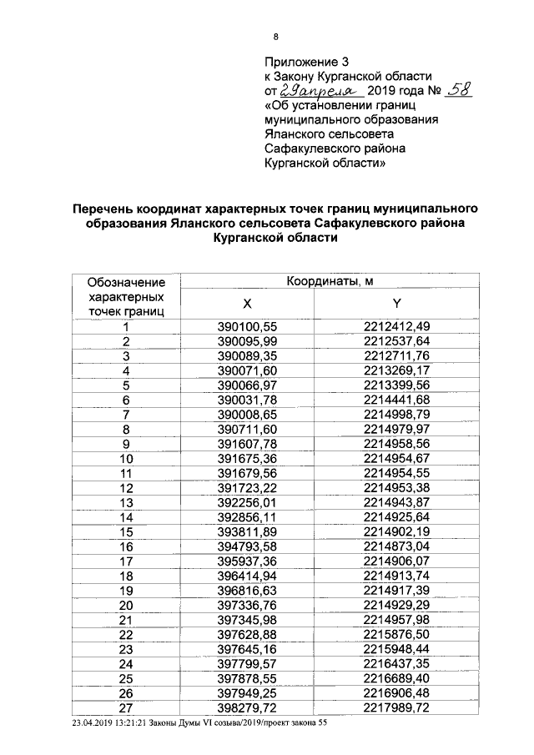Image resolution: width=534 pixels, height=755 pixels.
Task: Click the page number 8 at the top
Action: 276,36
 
